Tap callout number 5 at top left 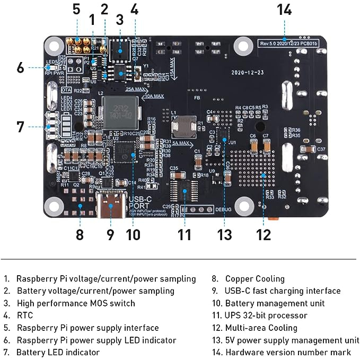pos(76,10)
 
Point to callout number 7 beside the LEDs pos(20,127)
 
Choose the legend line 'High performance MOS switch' pos(76,303)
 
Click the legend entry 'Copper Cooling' pos(254,279)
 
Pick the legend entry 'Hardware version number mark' pos(288,352)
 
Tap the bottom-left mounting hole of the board pos(54,205)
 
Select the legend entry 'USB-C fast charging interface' pos(283,291)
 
